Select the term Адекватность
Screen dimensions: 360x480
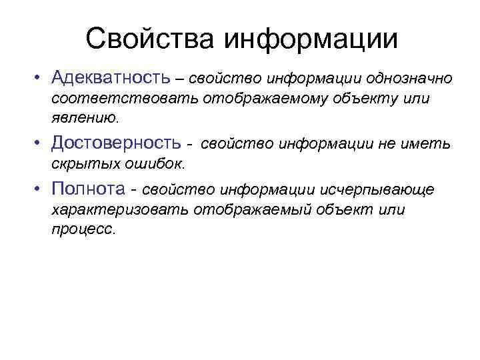click(113, 79)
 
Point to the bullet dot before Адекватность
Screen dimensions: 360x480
click(41, 79)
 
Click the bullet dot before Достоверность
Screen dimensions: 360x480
click(41, 143)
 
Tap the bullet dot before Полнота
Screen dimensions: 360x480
click(41, 191)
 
